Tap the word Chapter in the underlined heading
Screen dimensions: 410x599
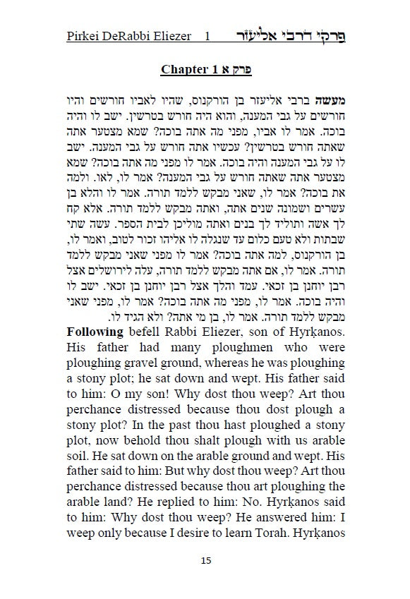(x=184, y=70)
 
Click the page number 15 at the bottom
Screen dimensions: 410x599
(x=205, y=561)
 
